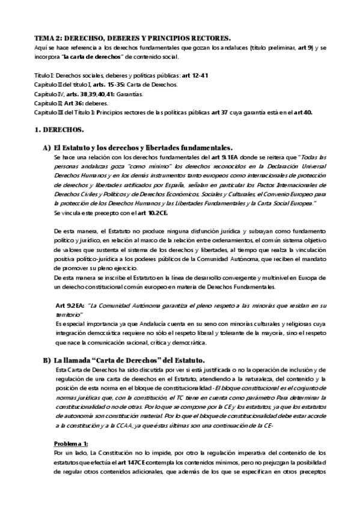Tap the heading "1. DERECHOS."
pos(58,130)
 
